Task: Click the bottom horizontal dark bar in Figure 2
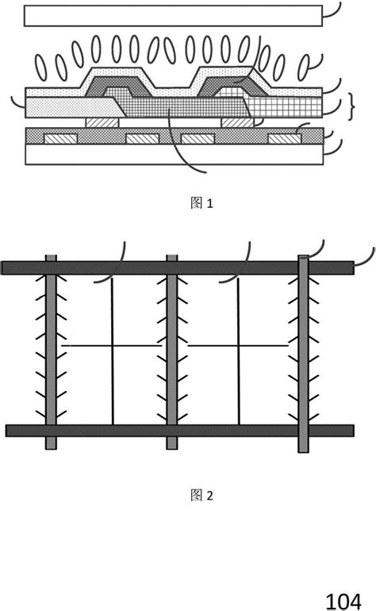(179, 430)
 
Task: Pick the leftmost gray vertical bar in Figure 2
(51, 353)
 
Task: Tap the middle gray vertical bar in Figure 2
(171, 353)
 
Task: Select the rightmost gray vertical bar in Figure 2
(304, 353)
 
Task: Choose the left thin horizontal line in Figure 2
(111, 346)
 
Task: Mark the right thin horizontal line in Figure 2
(237, 346)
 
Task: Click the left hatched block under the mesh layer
(102, 122)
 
